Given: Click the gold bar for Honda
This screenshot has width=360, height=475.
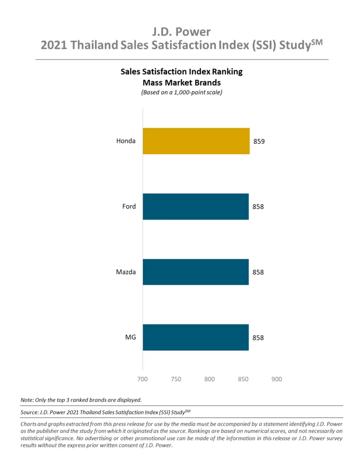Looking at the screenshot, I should coord(196,141).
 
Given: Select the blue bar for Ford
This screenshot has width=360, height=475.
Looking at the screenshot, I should coord(196,207).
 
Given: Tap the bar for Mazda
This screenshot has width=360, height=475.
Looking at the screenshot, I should coord(196,272).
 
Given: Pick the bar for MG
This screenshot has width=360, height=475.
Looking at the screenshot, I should coord(196,338).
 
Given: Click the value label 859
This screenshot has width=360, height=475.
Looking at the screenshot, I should coord(259,142).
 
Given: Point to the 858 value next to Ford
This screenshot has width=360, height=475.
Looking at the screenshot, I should coord(258,207).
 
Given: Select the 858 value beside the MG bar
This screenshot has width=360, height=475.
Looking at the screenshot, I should coord(258,338).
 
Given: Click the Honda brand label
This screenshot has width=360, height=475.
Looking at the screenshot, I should coord(126,141).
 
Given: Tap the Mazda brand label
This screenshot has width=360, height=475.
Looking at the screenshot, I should coord(126,272).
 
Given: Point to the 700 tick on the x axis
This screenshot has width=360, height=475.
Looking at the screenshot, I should coord(143,379).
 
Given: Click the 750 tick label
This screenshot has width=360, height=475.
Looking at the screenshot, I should coord(176,379).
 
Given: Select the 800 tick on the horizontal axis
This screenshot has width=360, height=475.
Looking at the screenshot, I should coord(210,379).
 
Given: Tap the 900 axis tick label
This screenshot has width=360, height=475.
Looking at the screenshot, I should coord(276,379).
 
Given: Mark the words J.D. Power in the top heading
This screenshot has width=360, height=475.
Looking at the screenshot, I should coord(181,32).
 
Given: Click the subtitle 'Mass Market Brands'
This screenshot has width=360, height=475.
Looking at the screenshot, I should coord(181,83).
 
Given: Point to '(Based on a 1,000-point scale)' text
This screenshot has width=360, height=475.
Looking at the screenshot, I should coord(181,93).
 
